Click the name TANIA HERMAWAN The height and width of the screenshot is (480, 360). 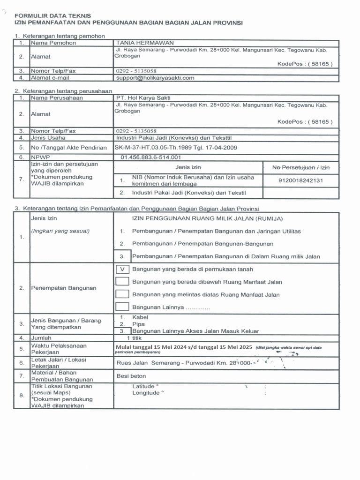138,43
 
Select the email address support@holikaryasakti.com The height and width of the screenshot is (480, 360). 155,78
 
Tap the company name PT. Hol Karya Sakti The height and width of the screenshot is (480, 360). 143,97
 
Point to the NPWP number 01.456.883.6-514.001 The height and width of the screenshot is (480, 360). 150,157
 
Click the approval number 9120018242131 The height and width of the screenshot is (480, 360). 300,180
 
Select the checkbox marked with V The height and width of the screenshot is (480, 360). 122,269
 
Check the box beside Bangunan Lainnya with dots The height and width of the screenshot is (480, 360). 122,307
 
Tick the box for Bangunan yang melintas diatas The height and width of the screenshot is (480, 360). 122,294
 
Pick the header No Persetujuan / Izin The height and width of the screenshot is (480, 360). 301,167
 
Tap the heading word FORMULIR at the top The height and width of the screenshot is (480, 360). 32,16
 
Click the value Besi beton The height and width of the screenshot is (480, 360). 131,376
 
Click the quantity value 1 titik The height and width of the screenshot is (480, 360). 135,337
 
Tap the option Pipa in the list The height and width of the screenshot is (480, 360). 139,324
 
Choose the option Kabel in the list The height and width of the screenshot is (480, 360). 140,317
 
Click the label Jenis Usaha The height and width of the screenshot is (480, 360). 48,138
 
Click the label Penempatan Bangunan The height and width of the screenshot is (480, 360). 64,288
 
